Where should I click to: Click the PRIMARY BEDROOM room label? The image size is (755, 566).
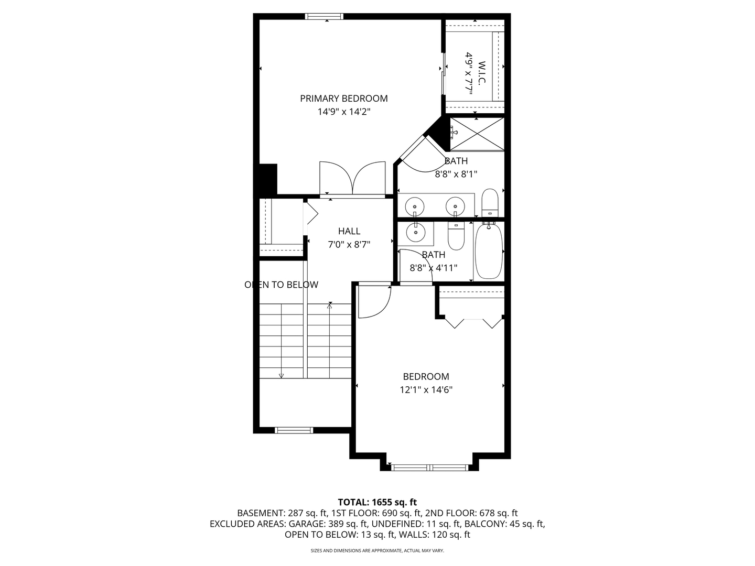(343, 99)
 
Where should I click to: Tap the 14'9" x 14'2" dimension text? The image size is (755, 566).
(343, 112)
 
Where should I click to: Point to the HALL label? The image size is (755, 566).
(349, 231)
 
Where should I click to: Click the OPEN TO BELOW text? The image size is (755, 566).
(282, 285)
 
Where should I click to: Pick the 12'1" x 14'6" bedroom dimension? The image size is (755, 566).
(426, 390)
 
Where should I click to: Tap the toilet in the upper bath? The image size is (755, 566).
(490, 203)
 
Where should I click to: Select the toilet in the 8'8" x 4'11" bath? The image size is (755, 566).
(456, 236)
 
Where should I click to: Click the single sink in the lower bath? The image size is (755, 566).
(415, 232)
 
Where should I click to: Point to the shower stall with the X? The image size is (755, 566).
(477, 134)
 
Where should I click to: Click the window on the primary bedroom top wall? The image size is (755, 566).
(324, 16)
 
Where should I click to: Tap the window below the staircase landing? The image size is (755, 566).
(294, 430)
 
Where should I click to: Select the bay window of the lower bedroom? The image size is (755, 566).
(429, 467)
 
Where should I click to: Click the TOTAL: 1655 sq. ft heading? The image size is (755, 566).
(377, 502)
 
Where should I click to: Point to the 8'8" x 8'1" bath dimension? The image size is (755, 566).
(456, 174)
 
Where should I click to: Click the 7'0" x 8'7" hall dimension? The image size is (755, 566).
(349, 245)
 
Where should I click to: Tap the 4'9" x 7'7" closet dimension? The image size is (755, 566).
(469, 73)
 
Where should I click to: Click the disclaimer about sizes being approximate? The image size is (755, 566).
(377, 550)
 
